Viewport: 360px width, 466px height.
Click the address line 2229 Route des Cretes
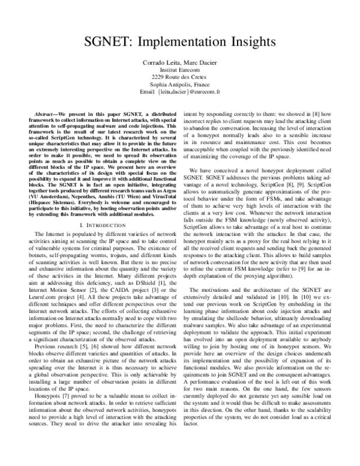tap(179, 77)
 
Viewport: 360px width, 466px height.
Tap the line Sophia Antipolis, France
tap(179, 85)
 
